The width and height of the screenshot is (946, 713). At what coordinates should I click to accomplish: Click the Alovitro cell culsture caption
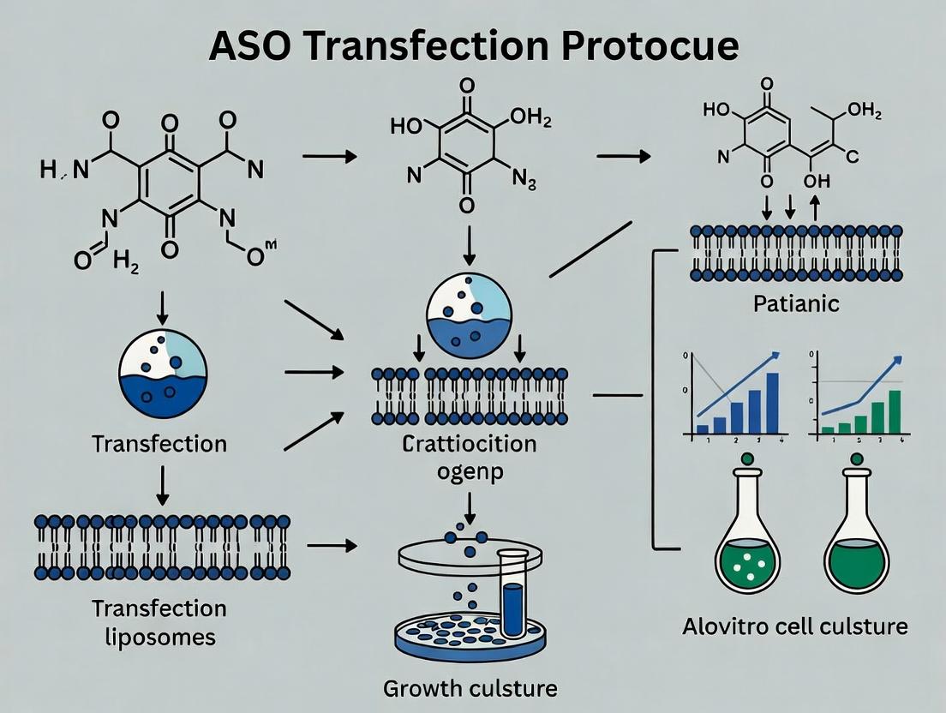click(794, 626)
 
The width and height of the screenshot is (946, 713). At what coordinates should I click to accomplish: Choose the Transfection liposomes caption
click(159, 622)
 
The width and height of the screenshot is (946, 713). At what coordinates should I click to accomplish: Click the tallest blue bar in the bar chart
click(772, 403)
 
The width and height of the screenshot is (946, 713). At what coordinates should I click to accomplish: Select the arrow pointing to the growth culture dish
click(331, 545)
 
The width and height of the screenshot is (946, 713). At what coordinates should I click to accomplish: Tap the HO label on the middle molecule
click(408, 126)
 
